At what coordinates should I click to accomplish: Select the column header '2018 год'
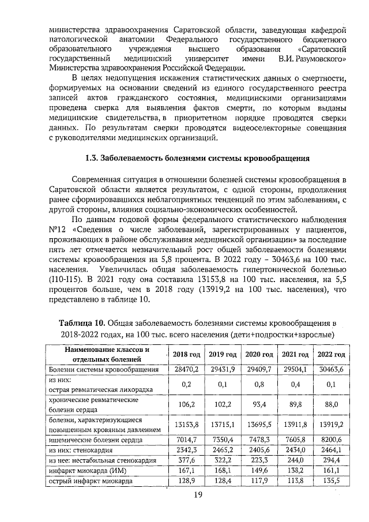coord(186,354)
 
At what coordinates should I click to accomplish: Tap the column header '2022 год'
coord(332,354)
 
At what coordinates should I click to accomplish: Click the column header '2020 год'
coord(259,354)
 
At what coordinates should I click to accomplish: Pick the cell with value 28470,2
coord(186,369)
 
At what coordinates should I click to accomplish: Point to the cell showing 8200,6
coord(332,438)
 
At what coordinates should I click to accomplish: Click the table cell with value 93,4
coord(259,404)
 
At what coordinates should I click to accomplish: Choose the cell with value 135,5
coord(332,480)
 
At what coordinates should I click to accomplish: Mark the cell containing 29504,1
coord(295,369)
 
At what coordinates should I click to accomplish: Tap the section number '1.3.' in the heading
coord(92,157)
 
